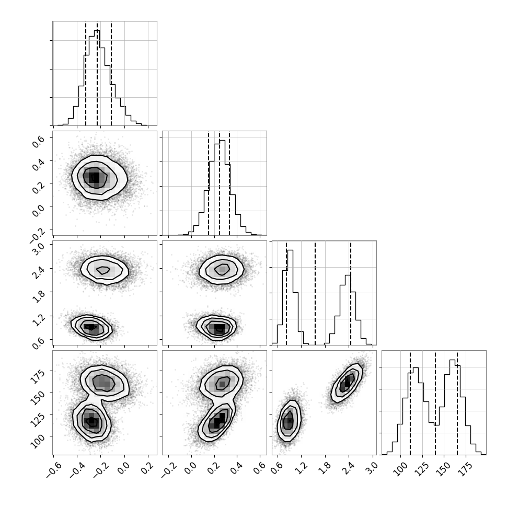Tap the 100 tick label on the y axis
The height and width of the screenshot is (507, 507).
pos(38,441)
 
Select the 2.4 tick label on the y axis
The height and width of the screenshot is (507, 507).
pos(39,272)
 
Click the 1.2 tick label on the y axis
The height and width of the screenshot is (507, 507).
pos(39,320)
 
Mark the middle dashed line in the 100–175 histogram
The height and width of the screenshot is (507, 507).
pos(435,403)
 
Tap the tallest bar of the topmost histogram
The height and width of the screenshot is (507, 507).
pos(97,77)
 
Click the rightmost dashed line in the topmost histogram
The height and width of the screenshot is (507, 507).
pos(111,74)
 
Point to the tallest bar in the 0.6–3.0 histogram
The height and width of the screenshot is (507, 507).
pos(290,297)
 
